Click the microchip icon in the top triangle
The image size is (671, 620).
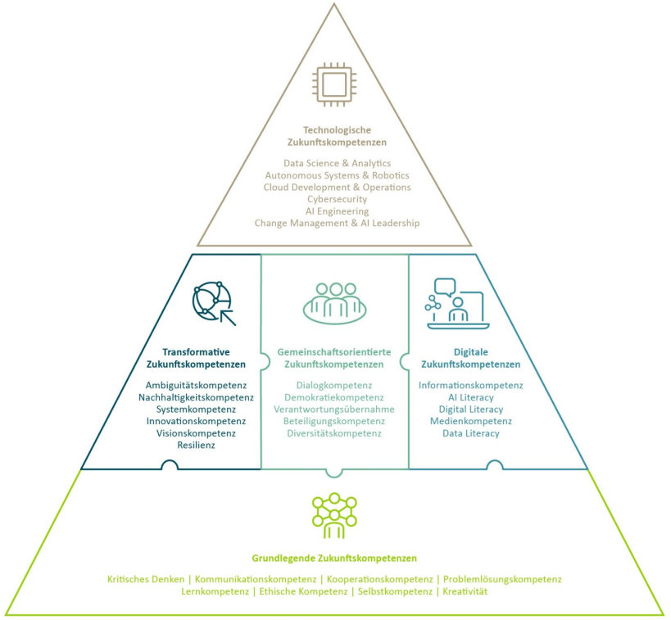click(334, 85)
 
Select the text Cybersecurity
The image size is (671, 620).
click(337, 199)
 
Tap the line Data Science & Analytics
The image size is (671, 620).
click(337, 164)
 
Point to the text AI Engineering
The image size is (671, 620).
click(337, 210)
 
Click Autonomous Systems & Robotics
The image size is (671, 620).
click(337, 175)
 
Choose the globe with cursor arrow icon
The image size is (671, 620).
click(213, 303)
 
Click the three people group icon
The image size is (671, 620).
click(334, 302)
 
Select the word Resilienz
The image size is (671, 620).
click(195, 445)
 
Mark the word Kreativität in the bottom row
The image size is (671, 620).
click(465, 591)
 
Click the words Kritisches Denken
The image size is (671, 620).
click(146, 579)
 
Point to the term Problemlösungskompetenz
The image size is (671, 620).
click(502, 579)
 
